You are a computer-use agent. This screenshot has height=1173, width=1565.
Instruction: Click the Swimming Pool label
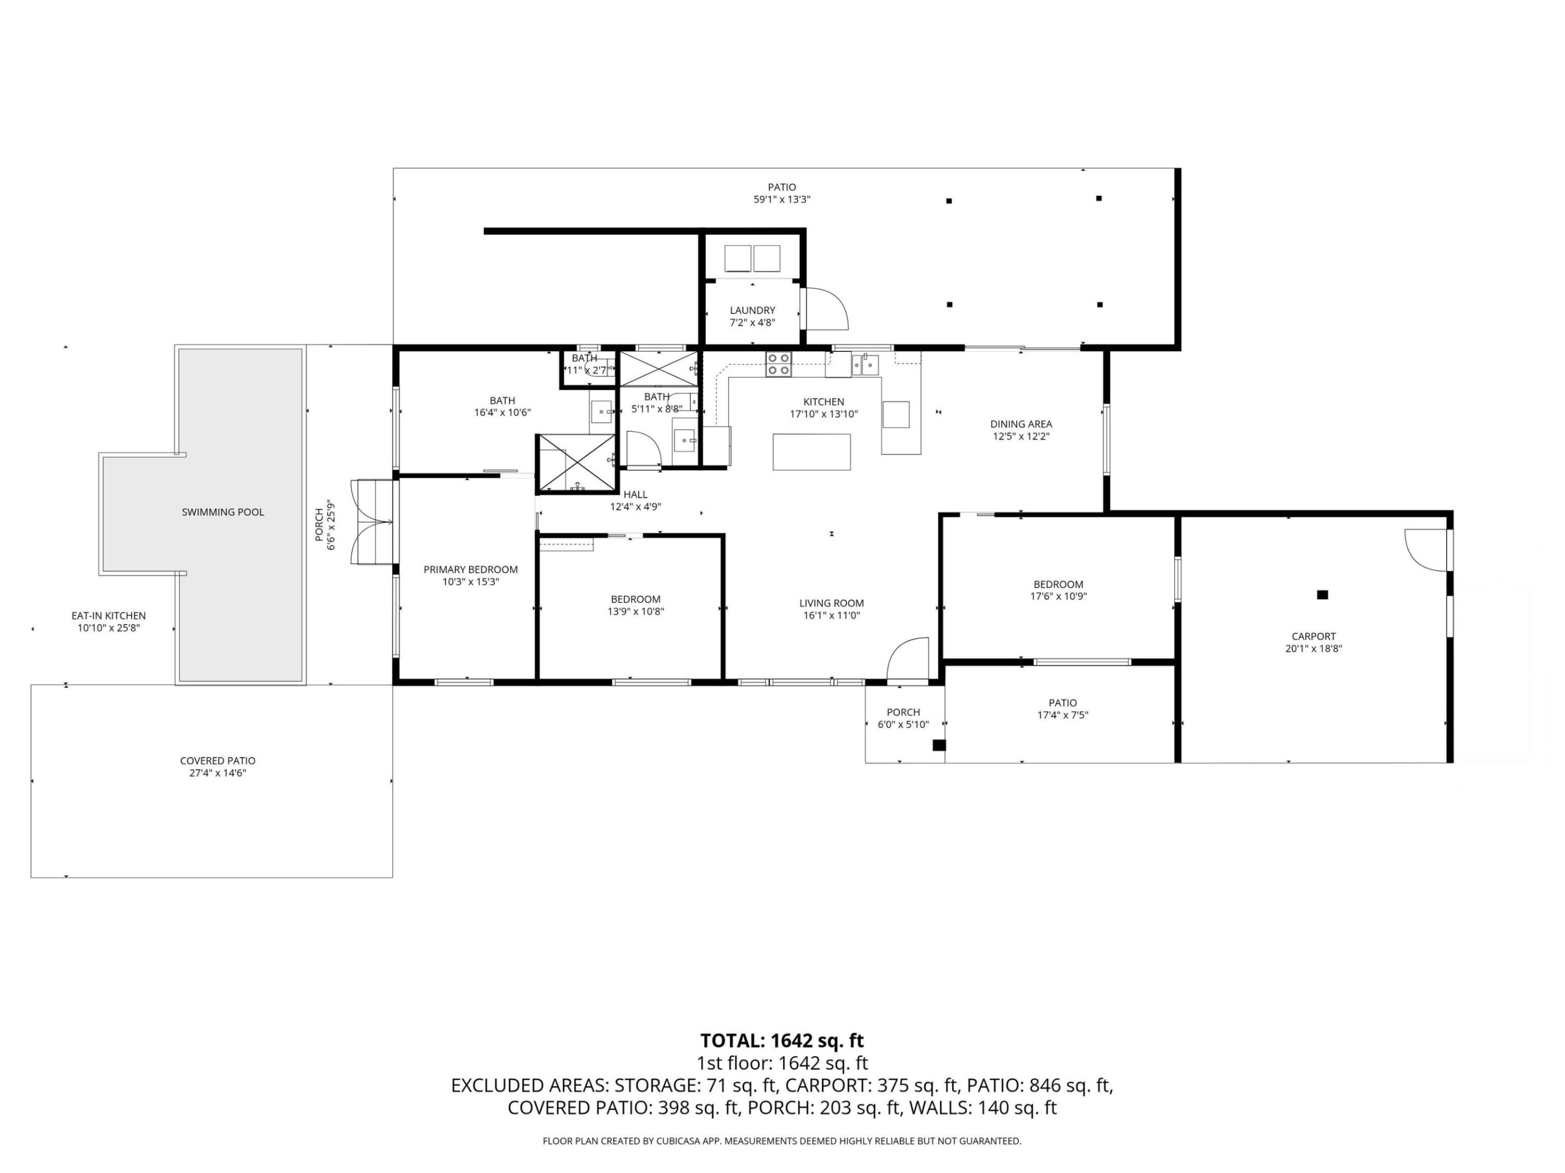click(223, 512)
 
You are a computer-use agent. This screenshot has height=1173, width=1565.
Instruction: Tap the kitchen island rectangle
click(811, 452)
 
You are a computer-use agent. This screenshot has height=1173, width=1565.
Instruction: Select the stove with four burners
click(778, 364)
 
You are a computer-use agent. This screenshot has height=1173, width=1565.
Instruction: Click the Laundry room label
click(752, 311)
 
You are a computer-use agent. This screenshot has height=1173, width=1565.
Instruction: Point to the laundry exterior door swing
click(827, 308)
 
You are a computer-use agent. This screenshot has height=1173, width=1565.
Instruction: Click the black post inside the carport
click(1322, 595)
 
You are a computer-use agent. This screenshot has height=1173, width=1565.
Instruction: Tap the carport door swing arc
click(1424, 550)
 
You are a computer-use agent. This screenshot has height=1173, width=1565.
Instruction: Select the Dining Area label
click(1020, 424)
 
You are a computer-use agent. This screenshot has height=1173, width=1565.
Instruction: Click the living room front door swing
click(909, 658)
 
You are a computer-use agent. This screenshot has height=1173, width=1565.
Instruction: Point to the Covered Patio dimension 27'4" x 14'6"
click(217, 773)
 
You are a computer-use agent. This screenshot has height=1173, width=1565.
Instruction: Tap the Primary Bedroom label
click(471, 570)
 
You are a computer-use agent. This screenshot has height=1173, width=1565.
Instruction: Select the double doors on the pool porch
click(373, 522)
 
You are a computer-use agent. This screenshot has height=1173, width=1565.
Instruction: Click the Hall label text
click(635, 495)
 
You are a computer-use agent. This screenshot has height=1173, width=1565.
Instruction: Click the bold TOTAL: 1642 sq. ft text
click(782, 1041)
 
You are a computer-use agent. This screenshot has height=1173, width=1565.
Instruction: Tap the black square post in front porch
click(939, 745)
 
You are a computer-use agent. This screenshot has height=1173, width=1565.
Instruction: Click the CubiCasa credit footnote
click(782, 1140)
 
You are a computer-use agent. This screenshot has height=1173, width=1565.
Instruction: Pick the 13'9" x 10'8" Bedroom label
click(635, 600)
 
